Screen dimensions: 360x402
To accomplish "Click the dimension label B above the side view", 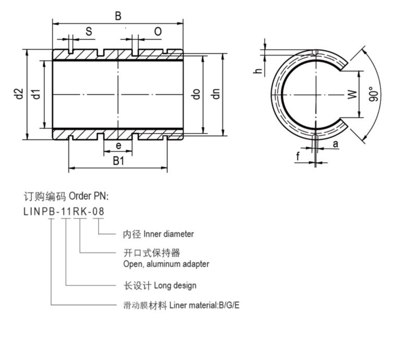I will (x=118, y=16).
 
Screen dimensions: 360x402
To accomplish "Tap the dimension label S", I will (x=89, y=32).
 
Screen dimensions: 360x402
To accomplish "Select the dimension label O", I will (x=157, y=32).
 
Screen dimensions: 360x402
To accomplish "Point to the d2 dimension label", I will (x=19, y=94).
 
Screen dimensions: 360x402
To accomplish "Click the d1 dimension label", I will (x=36, y=94).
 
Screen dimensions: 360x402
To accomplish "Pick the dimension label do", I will (x=196, y=94).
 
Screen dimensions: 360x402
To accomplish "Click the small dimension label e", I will (x=118, y=146).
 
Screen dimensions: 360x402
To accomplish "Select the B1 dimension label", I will (x=119, y=161).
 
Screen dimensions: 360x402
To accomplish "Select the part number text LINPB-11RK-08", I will (x=64, y=211).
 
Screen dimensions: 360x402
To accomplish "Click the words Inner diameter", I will (x=165, y=234).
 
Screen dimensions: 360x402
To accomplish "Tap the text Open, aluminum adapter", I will (x=166, y=264).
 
